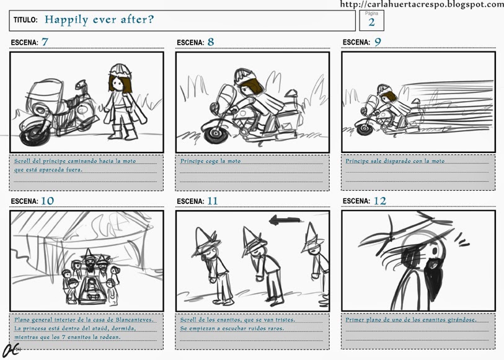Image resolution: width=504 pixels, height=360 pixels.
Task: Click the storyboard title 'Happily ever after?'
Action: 99,20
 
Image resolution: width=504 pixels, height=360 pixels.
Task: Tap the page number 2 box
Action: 371,20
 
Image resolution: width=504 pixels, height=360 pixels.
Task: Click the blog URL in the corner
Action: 422,4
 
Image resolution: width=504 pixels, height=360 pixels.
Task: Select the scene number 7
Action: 45,42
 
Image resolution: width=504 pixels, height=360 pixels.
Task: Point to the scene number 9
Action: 378,42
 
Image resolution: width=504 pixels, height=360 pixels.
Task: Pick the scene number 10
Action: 48,201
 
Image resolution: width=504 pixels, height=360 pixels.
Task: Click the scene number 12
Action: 380,201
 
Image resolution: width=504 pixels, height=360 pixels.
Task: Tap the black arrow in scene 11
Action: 285,221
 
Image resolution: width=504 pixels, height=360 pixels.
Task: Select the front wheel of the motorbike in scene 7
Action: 32,134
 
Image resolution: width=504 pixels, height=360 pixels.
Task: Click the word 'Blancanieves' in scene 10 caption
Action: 134,320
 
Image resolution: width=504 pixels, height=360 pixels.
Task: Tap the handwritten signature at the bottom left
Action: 10,350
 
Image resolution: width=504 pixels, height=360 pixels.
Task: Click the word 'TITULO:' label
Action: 25,20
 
